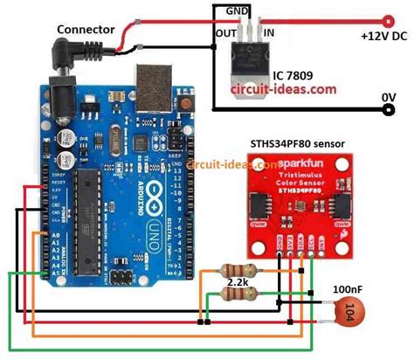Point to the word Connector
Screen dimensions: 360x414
86,30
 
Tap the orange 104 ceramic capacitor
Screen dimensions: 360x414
348,311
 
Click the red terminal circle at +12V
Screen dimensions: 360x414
386,17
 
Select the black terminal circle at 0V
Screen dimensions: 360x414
386,109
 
